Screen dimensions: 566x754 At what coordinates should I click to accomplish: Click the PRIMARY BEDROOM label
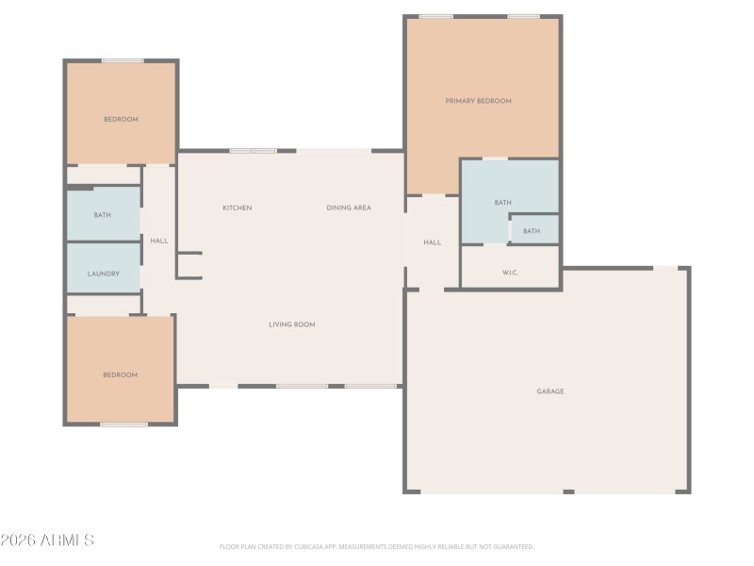(478, 101)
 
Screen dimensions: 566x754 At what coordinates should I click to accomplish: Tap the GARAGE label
(550, 391)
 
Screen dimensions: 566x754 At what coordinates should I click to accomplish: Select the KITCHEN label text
(238, 208)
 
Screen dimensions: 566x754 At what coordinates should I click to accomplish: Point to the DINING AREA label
(349, 208)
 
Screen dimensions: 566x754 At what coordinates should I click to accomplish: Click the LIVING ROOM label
(292, 325)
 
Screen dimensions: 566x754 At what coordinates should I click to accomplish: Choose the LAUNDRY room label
(103, 274)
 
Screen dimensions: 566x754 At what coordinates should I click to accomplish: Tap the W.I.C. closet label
(510, 274)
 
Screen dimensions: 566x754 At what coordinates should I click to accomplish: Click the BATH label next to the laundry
(102, 215)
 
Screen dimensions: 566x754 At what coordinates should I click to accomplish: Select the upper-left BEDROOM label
(121, 119)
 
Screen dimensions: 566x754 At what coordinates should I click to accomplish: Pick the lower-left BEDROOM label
(121, 375)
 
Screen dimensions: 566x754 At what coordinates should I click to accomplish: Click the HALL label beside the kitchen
(159, 241)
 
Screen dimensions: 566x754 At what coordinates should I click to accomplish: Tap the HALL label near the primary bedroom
(432, 242)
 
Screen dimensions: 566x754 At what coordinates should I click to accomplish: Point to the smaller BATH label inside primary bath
(533, 231)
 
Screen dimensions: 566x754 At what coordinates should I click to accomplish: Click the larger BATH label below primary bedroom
(503, 203)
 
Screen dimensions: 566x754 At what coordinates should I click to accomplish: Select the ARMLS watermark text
(47, 541)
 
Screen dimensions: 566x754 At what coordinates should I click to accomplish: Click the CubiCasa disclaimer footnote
(377, 546)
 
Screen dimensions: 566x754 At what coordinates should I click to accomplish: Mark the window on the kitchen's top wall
(253, 151)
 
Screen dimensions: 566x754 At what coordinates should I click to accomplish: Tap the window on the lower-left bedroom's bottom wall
(123, 424)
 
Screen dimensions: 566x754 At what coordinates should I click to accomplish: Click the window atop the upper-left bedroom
(123, 61)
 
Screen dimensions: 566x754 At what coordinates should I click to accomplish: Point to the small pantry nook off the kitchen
(189, 265)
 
